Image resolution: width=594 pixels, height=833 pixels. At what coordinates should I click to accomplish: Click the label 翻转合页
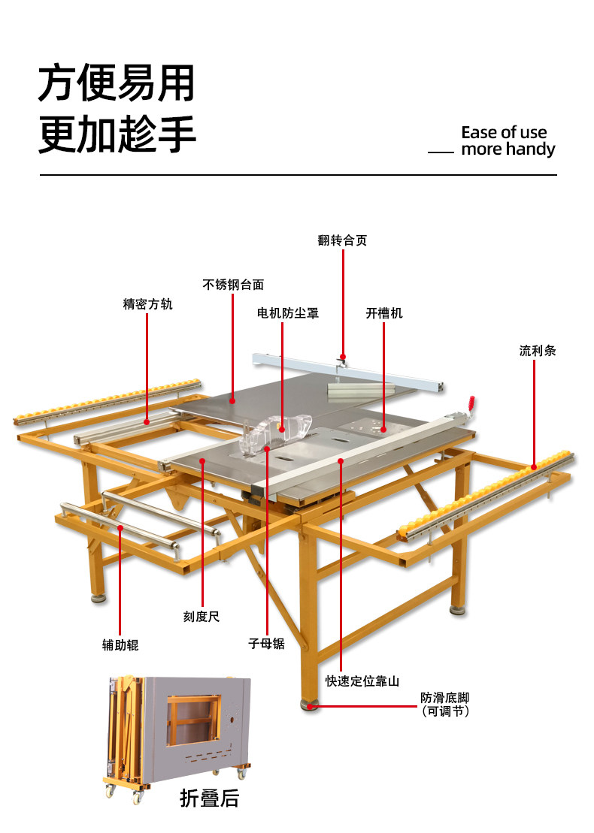click(x=342, y=240)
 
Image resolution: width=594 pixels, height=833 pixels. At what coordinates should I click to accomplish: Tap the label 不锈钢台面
click(x=233, y=285)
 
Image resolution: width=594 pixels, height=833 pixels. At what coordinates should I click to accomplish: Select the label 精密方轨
click(x=147, y=305)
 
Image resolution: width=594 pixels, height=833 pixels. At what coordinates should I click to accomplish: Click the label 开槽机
click(x=384, y=313)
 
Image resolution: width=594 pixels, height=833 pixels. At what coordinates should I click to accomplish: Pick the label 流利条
click(x=537, y=350)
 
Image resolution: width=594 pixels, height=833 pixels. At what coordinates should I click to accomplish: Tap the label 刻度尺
click(x=202, y=616)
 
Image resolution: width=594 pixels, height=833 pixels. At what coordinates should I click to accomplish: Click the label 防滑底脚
click(x=444, y=699)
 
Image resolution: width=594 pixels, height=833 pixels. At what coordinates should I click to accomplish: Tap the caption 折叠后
click(x=209, y=798)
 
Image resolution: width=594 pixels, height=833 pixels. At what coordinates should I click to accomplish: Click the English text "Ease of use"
click(x=504, y=133)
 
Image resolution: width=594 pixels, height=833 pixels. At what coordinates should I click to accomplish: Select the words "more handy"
click(x=508, y=149)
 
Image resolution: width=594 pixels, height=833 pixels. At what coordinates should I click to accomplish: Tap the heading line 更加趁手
click(x=117, y=135)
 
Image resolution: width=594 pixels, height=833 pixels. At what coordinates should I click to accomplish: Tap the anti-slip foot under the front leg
click(x=308, y=705)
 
